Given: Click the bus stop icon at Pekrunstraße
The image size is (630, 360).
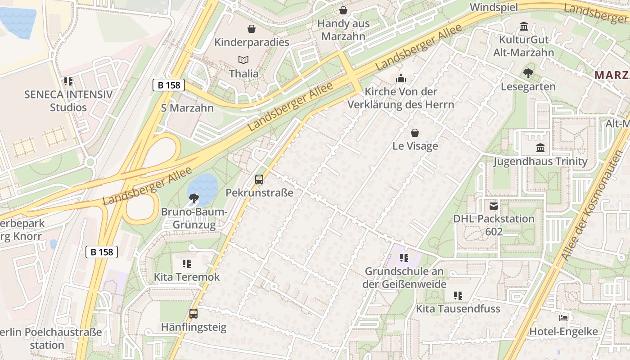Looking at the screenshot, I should [259, 180].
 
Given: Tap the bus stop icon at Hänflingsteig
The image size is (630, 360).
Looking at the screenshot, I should [193, 314].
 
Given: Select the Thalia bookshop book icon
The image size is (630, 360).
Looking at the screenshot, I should [243, 60].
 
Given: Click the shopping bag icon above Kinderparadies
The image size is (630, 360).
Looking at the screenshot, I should [252, 29].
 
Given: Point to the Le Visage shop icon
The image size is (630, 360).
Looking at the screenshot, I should [415, 133].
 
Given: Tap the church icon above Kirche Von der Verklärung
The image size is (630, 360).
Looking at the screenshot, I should [401, 79].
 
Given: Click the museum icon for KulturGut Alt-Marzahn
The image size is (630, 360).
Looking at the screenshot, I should [524, 27].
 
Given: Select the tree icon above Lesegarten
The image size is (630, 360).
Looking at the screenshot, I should [528, 73].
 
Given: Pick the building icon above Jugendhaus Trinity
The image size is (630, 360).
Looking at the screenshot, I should [540, 148].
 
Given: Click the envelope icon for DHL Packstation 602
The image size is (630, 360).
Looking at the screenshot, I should [494, 206].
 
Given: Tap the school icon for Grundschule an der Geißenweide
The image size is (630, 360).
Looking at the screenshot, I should [404, 258].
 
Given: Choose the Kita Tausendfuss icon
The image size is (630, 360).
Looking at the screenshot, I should [458, 296].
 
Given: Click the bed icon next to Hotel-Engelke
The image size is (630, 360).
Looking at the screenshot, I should [563, 318].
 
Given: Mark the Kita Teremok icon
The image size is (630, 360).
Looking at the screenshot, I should [187, 263].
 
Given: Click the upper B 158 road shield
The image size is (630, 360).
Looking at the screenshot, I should [169, 85].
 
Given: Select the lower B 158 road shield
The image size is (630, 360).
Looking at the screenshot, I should [102, 252].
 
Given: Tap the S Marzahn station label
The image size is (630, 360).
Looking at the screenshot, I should [187, 108].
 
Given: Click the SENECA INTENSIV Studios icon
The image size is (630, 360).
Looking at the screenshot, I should [68, 81].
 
